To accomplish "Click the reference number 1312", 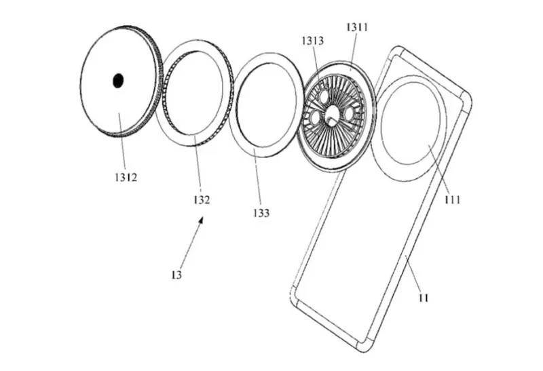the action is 126,178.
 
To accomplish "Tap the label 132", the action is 202,199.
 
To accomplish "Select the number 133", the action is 261,213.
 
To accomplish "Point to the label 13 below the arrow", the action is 176,275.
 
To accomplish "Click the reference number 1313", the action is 313,41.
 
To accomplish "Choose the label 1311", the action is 357,27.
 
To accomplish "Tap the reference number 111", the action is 453,199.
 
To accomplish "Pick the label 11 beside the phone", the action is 424,298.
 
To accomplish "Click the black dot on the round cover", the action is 118,81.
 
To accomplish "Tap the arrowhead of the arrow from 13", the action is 200,220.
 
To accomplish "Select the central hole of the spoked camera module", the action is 333,114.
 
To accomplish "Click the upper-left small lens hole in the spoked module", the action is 324,96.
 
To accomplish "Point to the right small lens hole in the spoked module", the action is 348,113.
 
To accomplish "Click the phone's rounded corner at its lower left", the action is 294,294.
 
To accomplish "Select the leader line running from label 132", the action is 198,165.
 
